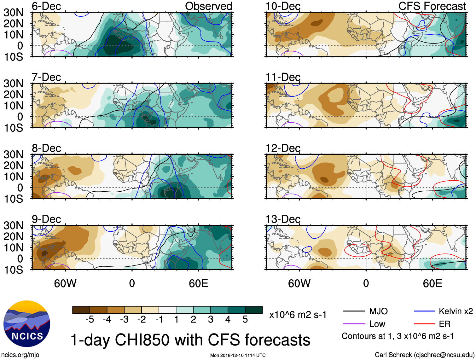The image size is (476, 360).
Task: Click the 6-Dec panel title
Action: coord(46,6)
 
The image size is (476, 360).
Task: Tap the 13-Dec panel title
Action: coord(283,219)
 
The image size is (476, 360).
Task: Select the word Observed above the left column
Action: coord(208,6)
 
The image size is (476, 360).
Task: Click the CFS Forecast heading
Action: coord(432,6)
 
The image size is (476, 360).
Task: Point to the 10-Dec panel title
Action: coord(283,6)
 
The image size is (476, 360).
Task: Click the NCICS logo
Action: coord(27,324)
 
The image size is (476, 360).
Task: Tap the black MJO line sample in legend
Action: coord(354,311)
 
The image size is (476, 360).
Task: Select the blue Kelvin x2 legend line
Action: coord(424,311)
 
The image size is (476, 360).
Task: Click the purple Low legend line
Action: coord(354,324)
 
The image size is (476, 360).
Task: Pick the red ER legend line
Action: coord(424,324)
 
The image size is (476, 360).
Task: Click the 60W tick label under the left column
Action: coord(65,283)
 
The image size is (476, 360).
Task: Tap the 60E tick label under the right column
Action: coord(432,283)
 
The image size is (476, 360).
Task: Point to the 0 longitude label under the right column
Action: coord(366,283)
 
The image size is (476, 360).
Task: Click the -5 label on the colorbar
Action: coord(90,320)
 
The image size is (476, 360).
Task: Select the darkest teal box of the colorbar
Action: coord(254,310)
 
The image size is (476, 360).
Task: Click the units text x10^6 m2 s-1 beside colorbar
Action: coord(298,315)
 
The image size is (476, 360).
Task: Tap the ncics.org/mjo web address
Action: coord(20,355)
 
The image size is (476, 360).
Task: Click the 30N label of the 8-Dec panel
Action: coord(13,154)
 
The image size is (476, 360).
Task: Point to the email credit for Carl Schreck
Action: coord(424,355)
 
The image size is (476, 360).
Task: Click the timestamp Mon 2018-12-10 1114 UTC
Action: coord(238,355)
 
